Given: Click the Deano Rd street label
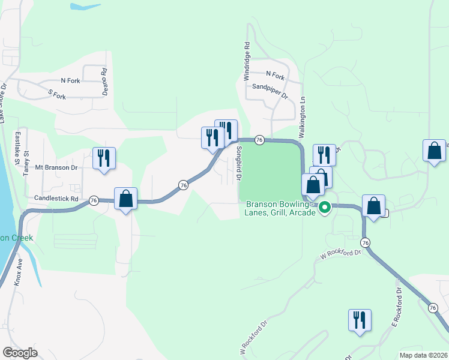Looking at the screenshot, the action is pyautogui.click(x=104, y=79).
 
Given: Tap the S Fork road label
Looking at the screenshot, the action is pyautogui.click(x=56, y=94).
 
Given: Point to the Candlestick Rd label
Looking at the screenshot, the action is pyautogui.click(x=56, y=198).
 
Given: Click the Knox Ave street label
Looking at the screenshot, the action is pyautogui.click(x=18, y=273).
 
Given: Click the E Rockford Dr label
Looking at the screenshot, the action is pyautogui.click(x=397, y=307).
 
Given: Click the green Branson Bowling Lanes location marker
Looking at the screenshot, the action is pyautogui.click(x=325, y=208).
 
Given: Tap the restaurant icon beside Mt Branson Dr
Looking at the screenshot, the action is pyautogui.click(x=104, y=158).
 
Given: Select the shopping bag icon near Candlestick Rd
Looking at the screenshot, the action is pyautogui.click(x=125, y=199).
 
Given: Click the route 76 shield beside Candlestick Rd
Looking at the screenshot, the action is pyautogui.click(x=94, y=200).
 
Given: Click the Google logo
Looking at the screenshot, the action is pyautogui.click(x=20, y=353).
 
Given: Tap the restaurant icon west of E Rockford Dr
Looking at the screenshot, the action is pyautogui.click(x=360, y=320).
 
